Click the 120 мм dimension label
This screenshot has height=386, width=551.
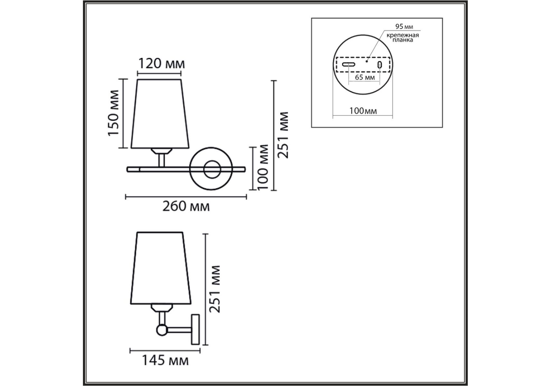tap(161, 64)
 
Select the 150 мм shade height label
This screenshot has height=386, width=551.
tap(114, 113)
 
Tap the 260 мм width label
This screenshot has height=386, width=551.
tap(186, 206)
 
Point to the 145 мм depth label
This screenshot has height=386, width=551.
tap(165, 361)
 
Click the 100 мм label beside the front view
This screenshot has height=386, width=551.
tap(262, 167)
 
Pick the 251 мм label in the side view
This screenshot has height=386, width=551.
tap(214, 289)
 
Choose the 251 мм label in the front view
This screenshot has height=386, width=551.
tap(283, 135)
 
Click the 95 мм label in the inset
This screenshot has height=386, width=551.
tap(404, 26)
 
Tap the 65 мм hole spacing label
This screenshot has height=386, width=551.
tap(365, 77)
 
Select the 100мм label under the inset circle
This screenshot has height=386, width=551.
tap(363, 111)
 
